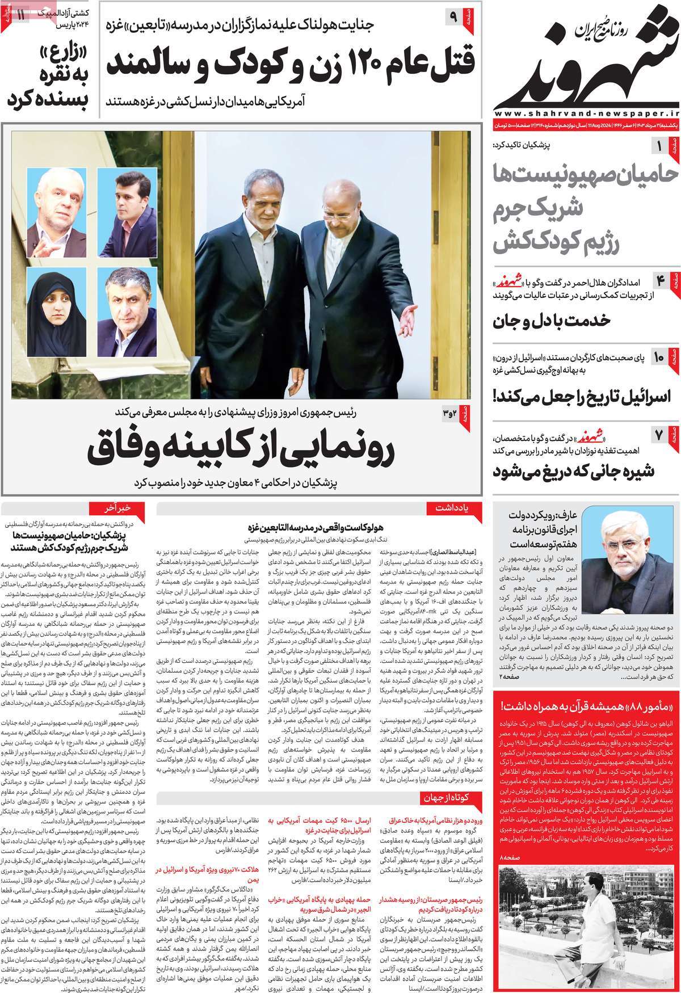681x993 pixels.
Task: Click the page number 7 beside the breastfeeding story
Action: [x=661, y=436]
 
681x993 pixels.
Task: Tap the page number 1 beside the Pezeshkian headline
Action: [x=661, y=148]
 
